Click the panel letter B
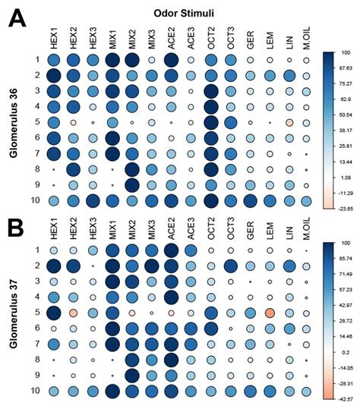coord(17,226)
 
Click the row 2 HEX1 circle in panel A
coord(54,75)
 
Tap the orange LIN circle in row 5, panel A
coord(289,122)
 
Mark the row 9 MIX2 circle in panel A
coord(132,184)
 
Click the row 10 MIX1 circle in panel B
coord(112,391)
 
